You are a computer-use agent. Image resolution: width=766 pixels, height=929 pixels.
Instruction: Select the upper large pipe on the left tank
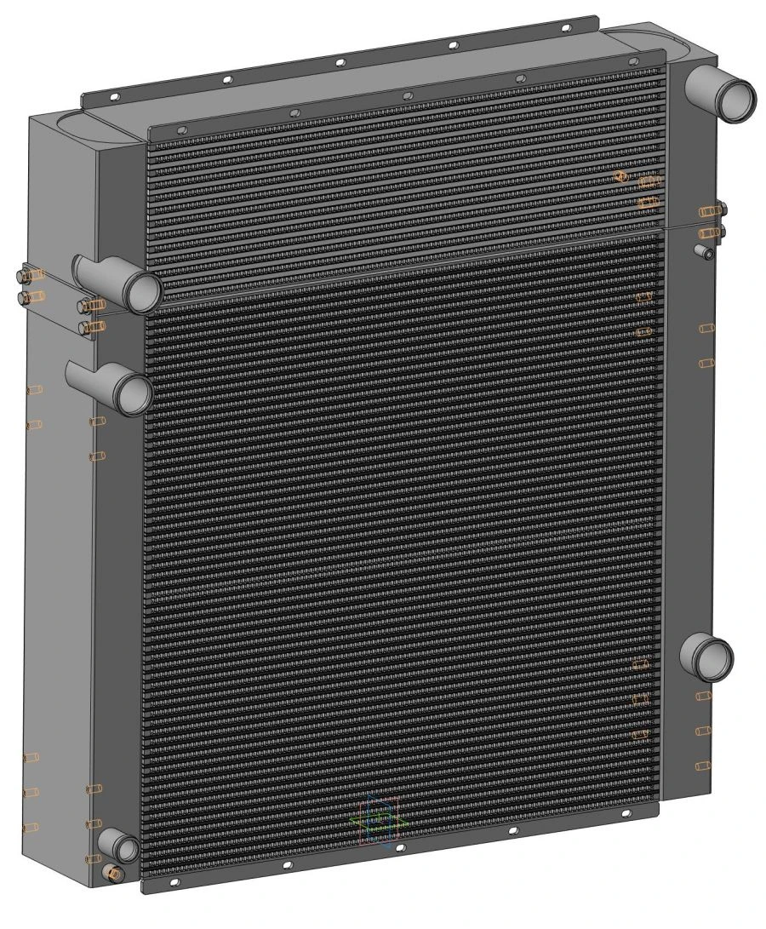click(x=136, y=288)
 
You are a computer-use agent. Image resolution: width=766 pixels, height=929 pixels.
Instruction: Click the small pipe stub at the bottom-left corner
click(x=122, y=846)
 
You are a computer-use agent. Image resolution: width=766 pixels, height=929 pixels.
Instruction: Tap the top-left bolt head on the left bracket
click(x=25, y=274)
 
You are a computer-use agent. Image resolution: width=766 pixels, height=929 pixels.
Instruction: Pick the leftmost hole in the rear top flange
click(x=111, y=99)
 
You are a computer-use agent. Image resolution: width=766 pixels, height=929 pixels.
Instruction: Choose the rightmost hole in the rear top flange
click(x=564, y=27)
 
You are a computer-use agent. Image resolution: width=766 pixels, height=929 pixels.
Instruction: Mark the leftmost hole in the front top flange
click(x=180, y=129)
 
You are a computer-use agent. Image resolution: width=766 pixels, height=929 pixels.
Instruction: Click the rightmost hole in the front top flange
click(x=632, y=60)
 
